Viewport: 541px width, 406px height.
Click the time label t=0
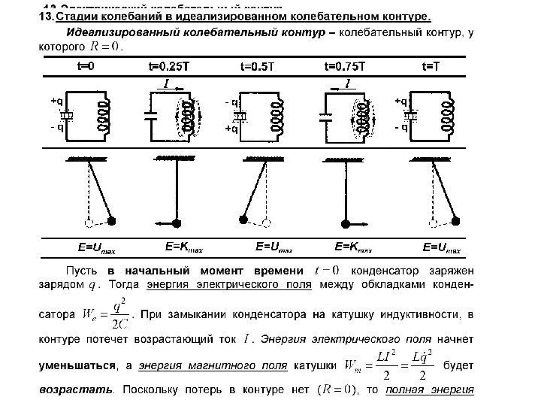pos(86,66)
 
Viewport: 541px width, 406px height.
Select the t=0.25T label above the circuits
pos(168,66)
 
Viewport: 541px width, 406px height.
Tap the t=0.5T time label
pos(258,66)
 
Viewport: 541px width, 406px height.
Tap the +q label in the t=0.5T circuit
pos(230,129)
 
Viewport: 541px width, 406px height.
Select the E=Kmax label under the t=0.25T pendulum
pos(183,246)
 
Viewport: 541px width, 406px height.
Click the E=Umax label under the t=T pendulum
pos(442,247)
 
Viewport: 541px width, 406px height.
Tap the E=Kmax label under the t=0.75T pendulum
pos(353,246)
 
